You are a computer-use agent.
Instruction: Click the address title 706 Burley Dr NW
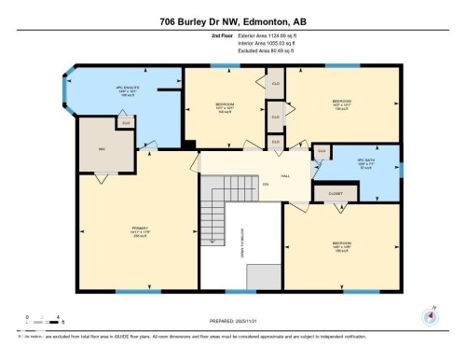click(x=232, y=21)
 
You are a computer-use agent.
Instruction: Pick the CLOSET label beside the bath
click(x=335, y=194)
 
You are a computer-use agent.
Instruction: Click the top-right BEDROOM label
click(x=342, y=103)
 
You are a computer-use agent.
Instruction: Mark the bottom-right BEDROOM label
click(x=342, y=246)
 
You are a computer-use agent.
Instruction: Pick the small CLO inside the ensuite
click(x=126, y=122)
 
